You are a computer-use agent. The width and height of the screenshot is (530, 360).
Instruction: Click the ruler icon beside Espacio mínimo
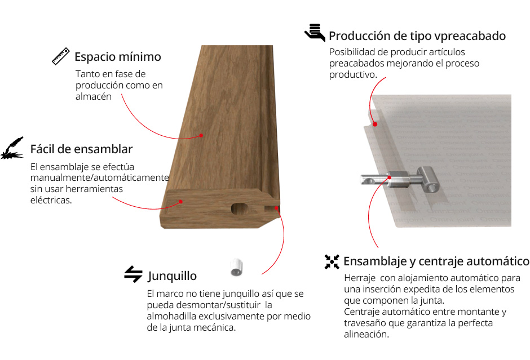coord(61,56)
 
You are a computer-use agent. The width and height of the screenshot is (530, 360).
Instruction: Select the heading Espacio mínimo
coord(118,57)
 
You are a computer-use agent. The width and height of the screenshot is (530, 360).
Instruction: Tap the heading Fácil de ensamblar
coord(81,149)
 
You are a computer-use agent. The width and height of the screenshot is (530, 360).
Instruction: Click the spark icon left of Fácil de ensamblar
coord(12,148)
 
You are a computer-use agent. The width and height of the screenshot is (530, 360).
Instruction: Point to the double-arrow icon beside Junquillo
coord(133,274)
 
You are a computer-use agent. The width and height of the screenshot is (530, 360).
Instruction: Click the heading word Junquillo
coord(173,276)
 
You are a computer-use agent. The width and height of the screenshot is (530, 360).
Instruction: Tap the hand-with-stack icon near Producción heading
coord(315,33)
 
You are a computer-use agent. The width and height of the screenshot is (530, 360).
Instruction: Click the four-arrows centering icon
coord(332,262)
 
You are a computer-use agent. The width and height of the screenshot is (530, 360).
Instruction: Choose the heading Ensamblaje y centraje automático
coord(436,261)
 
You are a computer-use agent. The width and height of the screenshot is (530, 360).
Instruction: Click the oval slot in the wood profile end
coord(239,208)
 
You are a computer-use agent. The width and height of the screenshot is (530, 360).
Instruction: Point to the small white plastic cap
coord(237,268)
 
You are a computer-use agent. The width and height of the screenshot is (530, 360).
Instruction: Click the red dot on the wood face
coord(201,135)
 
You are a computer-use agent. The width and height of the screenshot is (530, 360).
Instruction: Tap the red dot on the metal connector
coord(390,177)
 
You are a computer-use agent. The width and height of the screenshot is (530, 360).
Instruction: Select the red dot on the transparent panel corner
coord(375,125)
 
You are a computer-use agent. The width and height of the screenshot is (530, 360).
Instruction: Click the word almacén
coord(93,96)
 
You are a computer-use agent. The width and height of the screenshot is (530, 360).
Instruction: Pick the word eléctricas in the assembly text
coord(51,200)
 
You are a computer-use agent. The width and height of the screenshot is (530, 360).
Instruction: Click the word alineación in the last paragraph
coord(366,334)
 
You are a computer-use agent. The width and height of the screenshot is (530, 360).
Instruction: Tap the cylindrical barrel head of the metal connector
coord(428,180)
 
